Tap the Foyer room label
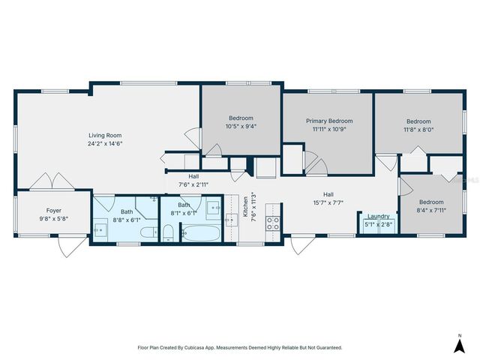coord(53,211)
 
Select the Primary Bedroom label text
coord(328,121)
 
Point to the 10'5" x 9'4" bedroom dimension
coord(241,126)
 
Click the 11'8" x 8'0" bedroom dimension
coord(418,129)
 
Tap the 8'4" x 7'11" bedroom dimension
coord(430,210)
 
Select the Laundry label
coord(378,216)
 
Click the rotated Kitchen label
coord(244,207)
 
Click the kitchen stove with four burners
coord(274,223)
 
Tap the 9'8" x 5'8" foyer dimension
coord(53,219)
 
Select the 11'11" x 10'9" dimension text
coord(328,129)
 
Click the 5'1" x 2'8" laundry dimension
coord(378,224)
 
